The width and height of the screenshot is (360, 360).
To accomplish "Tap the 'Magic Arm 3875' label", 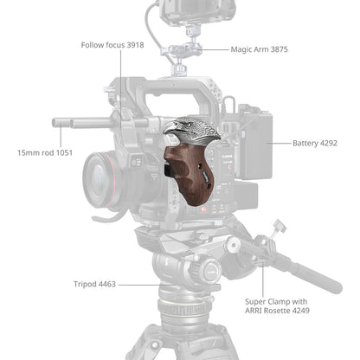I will click(260, 50).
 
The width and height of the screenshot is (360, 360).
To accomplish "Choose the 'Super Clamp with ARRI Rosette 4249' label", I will click(277, 304).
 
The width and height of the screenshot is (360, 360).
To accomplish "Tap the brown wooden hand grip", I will click(192, 173).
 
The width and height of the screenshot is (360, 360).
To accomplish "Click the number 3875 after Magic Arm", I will click(279, 50).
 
